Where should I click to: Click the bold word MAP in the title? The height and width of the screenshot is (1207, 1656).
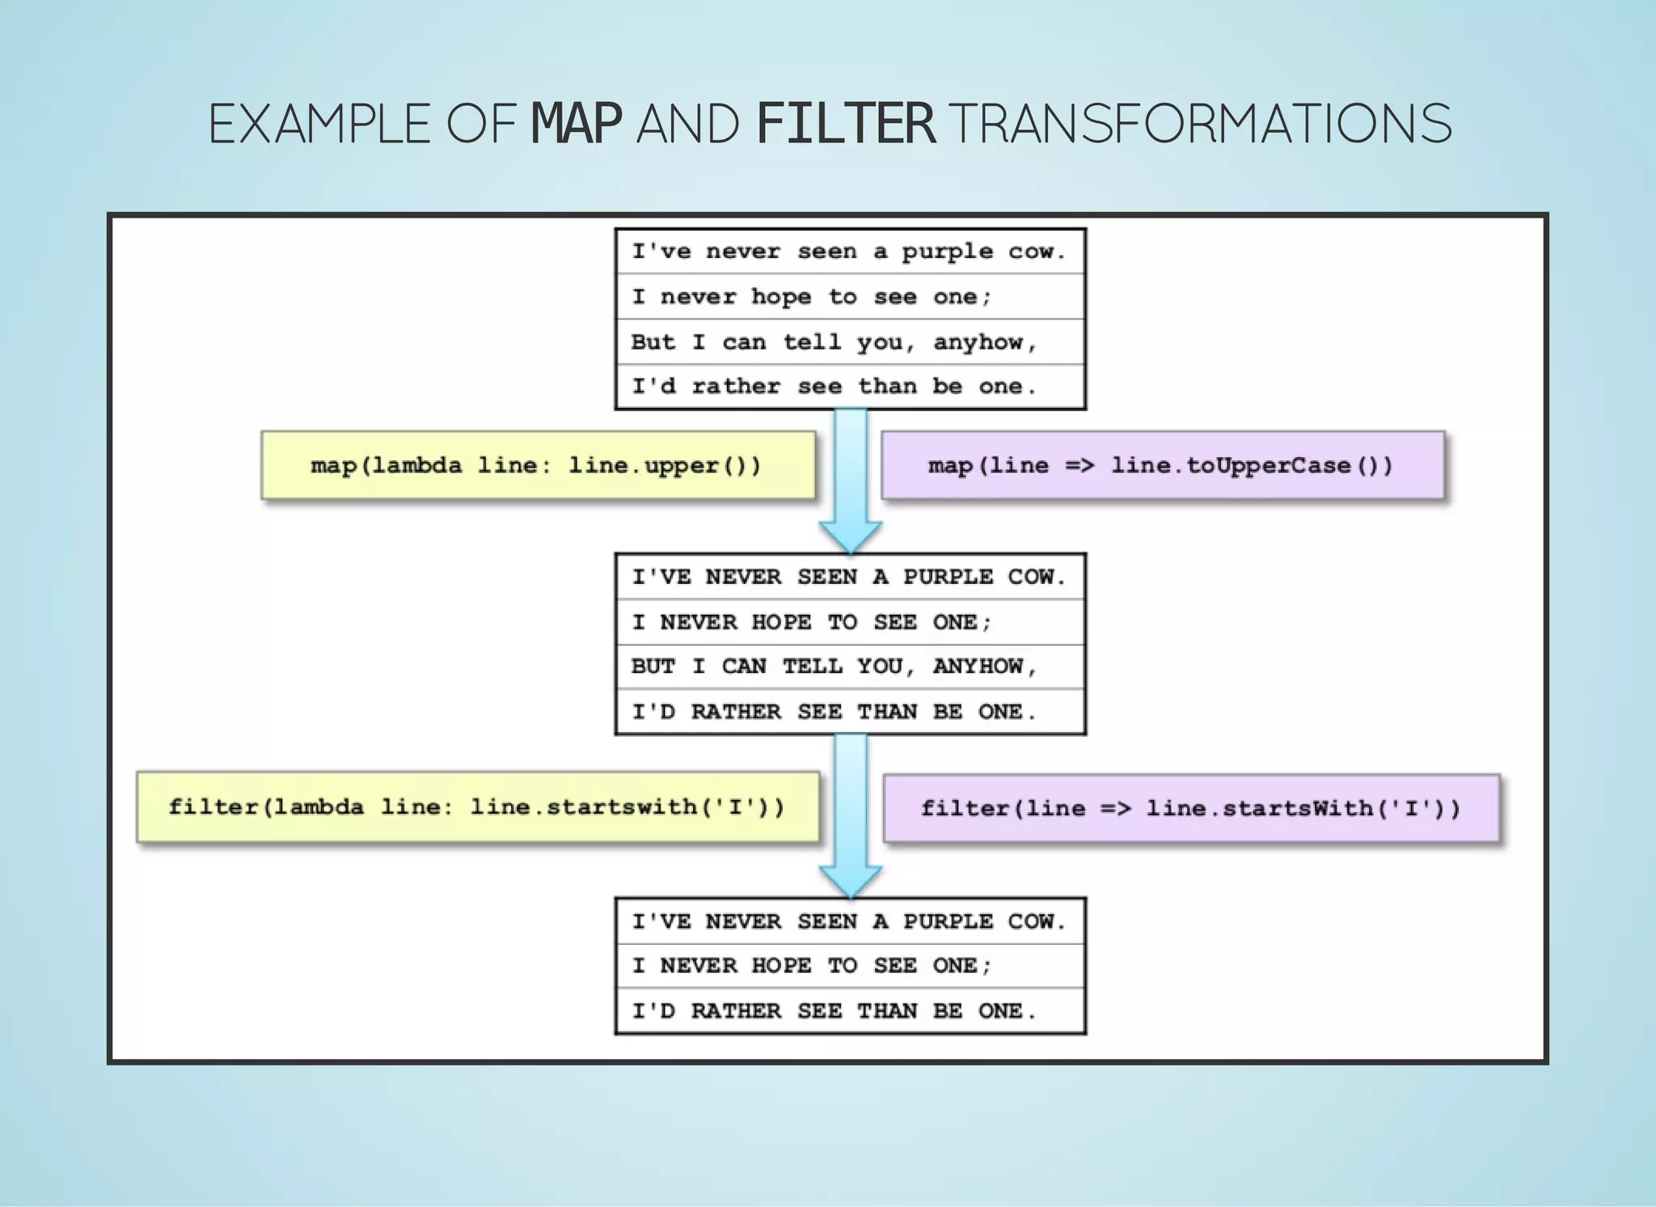pos(576,124)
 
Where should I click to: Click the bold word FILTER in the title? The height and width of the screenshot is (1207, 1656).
pos(846,124)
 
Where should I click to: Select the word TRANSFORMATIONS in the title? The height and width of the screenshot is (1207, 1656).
pos(1200,124)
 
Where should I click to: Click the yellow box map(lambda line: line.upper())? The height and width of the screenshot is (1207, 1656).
pos(538,466)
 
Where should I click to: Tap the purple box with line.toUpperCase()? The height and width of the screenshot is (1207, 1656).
pos(1162,466)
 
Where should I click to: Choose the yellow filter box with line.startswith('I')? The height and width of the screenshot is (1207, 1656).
pos(477,807)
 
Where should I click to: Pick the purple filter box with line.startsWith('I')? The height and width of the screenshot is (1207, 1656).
pos(1191,808)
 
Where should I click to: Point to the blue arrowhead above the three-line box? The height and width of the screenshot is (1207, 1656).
pos(850,880)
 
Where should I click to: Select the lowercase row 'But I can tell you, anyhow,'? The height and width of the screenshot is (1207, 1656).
pos(834,342)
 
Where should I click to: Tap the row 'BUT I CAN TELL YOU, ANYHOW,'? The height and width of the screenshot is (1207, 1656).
pos(834,667)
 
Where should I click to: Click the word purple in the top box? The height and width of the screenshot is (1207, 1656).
pos(947,252)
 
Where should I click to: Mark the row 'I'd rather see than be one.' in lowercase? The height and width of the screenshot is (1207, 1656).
pos(834,387)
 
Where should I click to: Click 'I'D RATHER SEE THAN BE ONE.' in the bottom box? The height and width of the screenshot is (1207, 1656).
pos(834,1011)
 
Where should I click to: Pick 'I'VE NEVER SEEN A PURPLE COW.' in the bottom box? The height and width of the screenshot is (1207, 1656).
pos(848,921)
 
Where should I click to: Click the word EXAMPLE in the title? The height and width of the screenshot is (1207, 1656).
pos(319,124)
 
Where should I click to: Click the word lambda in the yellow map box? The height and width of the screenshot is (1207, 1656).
pos(417,466)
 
